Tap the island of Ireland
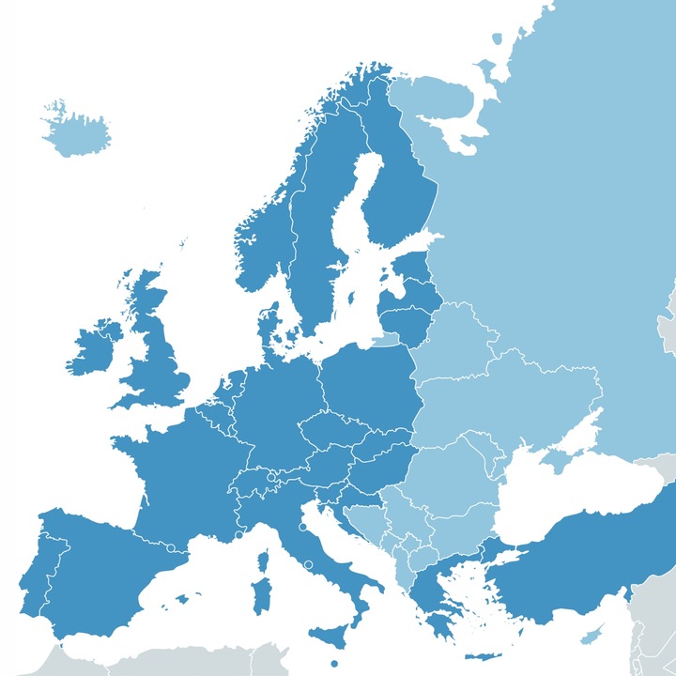(x=95, y=348)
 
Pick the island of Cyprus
(x=591, y=637)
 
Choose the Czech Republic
(x=328, y=428)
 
